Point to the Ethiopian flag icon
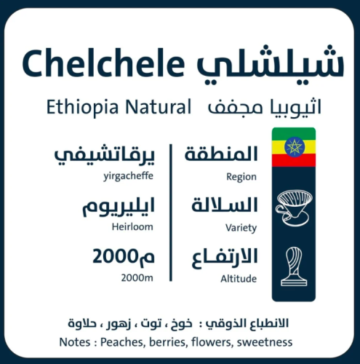click(293, 147)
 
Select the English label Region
click(241, 176)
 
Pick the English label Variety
click(241, 228)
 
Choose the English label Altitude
click(239, 279)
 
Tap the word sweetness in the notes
click(265, 342)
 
